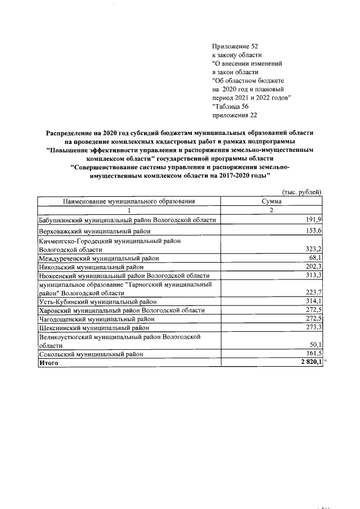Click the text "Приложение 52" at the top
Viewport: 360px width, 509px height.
[235, 46]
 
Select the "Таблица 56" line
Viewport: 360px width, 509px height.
[231, 106]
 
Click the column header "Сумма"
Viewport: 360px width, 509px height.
[272, 201]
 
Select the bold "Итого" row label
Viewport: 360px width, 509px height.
[48, 363]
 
